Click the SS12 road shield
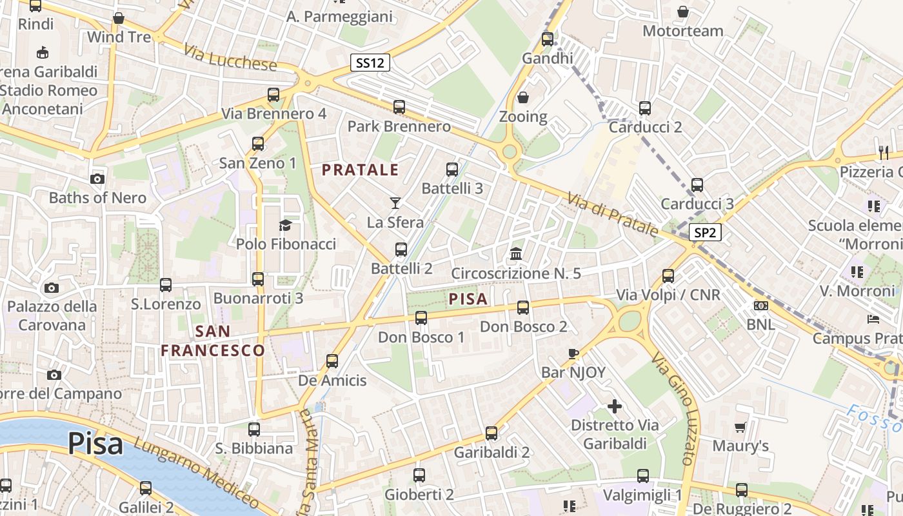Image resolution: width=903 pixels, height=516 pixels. tap(370, 63)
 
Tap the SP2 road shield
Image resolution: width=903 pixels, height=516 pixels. tap(705, 233)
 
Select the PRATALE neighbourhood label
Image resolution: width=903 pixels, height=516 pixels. tap(361, 170)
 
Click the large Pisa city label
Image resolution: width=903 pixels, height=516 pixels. tap(95, 444)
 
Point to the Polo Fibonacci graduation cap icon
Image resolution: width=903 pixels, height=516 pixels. tap(285, 225)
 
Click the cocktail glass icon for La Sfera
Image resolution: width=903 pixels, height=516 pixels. tap(395, 203)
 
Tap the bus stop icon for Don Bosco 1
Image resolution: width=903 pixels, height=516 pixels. tap(421, 317)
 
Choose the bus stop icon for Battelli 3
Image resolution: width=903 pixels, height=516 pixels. tap(452, 170)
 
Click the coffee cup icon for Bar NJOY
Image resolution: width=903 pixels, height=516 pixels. tap(573, 353)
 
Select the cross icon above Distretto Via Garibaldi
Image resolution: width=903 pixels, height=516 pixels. tap(615, 406)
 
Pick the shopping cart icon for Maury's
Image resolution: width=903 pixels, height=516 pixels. tap(740, 427)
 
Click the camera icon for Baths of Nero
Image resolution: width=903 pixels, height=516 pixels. tap(97, 179)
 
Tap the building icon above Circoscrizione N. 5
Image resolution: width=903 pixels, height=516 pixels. tap(516, 254)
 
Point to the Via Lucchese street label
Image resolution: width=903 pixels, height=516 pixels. tap(230, 58)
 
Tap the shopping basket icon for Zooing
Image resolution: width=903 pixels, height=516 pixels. tap(523, 98)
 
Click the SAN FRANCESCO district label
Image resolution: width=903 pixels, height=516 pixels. tap(212, 341)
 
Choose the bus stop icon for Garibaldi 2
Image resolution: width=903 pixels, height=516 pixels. tap(491, 433)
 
